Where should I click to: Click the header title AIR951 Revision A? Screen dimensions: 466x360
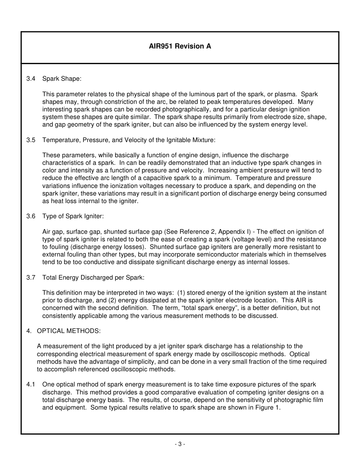[x=180, y=47]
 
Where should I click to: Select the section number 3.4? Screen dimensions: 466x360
[x=31, y=79]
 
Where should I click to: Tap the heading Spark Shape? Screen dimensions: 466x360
[x=62, y=79]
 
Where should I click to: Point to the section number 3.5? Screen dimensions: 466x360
[x=31, y=140]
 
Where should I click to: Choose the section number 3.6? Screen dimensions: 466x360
[x=31, y=216]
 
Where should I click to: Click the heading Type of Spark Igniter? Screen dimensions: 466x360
[x=73, y=216]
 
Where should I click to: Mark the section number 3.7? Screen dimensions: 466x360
[x=31, y=277]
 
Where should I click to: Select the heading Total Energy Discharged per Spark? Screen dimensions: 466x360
[x=93, y=277]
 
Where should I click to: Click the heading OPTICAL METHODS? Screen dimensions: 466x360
[x=69, y=331]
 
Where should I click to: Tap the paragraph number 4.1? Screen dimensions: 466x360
[x=31, y=385]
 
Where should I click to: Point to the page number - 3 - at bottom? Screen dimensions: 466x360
[x=180, y=444]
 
